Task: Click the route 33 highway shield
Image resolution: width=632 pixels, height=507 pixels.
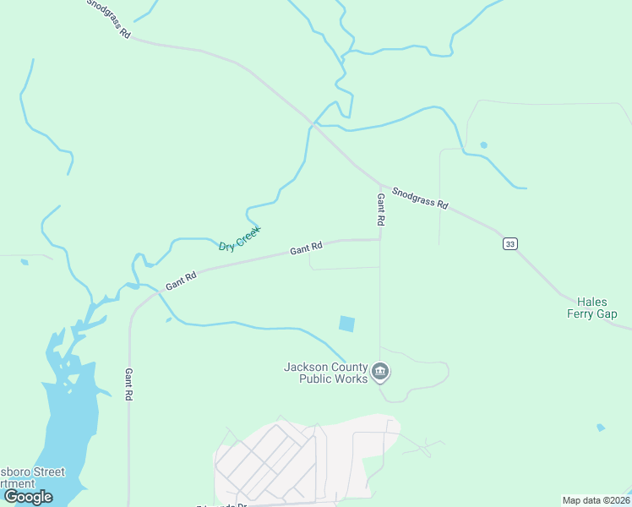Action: tap(509, 243)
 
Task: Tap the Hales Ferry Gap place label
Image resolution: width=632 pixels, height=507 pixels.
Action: tap(597, 308)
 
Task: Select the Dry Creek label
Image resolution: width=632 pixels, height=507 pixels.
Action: tap(240, 237)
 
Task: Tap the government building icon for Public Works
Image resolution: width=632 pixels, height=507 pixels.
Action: tap(380, 371)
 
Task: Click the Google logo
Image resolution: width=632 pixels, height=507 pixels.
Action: tap(28, 497)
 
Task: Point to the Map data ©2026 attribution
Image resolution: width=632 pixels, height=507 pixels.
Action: tap(595, 500)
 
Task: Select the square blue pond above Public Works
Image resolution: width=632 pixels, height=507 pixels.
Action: tap(347, 324)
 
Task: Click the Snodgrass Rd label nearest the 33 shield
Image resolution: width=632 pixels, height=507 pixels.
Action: tap(420, 199)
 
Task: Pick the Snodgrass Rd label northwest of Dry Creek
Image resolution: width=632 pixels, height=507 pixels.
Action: tap(108, 19)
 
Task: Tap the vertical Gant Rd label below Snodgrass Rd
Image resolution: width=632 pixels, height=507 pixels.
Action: tap(381, 209)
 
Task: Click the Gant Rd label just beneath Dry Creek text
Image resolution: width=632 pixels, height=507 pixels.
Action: tap(306, 249)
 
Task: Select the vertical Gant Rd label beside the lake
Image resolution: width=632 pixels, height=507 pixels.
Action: tap(129, 384)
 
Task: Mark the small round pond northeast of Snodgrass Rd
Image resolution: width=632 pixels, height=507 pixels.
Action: tap(483, 144)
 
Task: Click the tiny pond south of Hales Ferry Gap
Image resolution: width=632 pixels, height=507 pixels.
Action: tap(600, 428)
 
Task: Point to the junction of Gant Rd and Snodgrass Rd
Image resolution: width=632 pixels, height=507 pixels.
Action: tap(380, 185)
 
